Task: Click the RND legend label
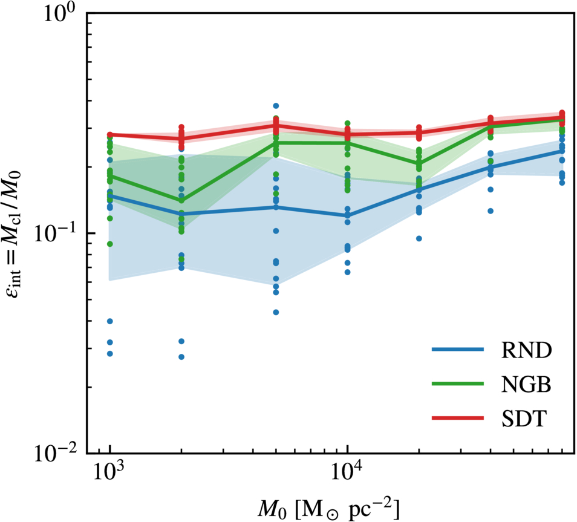click(x=526, y=350)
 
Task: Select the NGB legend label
click(x=526, y=384)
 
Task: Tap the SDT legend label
click(x=524, y=419)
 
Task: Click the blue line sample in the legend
click(x=457, y=350)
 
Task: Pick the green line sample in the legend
click(x=457, y=383)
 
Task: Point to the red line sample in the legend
click(x=457, y=418)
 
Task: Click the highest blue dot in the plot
click(x=276, y=106)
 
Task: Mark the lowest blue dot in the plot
click(x=181, y=357)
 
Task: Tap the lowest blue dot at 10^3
click(x=109, y=354)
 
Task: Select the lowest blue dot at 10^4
click(x=347, y=272)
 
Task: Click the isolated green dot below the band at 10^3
click(x=109, y=244)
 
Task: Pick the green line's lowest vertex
click(x=181, y=201)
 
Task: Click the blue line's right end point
click(x=562, y=151)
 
